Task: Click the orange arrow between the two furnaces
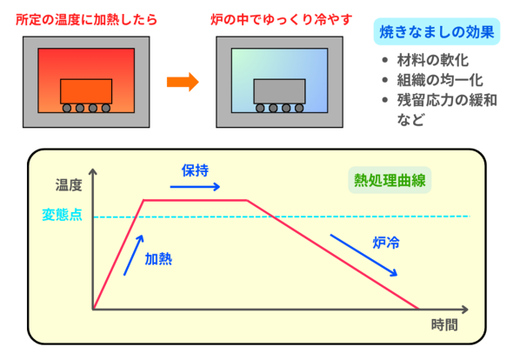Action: coord(183,82)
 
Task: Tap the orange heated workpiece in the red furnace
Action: coord(86,91)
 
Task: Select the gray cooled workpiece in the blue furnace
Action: coord(279,91)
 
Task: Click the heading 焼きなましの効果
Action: coord(436,32)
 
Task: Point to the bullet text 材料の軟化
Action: coord(432,60)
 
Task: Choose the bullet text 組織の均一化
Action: coord(440,80)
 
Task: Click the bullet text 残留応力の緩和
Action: coord(447,100)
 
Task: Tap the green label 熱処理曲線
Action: coord(390,180)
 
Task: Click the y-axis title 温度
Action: coord(69,185)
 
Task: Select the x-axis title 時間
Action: coord(444,325)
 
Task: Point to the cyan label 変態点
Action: coord(62,215)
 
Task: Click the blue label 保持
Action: coord(195,170)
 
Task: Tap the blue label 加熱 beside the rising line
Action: coord(158,259)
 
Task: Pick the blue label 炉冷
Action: coord(386,243)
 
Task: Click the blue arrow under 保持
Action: coord(195,187)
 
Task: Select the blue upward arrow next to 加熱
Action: coord(134,256)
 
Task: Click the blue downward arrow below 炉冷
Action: coord(363,256)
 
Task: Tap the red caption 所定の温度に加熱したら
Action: coord(86,20)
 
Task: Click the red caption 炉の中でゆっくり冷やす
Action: coord(282,20)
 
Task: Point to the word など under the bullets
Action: coord(410,120)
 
